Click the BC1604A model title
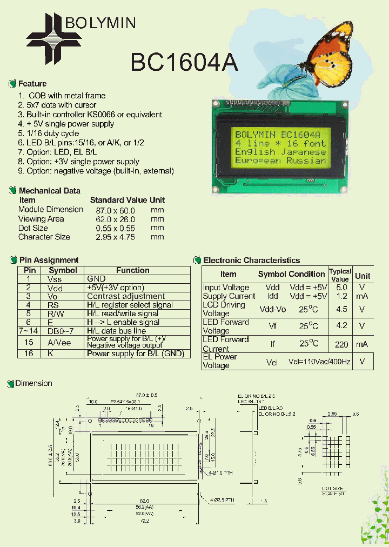point(184,62)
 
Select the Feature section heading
point(32,84)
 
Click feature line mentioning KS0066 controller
point(90,115)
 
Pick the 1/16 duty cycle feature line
point(49,134)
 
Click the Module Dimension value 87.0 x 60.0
point(115,210)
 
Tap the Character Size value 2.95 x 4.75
point(115,237)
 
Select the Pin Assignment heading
point(49,260)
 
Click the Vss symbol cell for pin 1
point(55,279)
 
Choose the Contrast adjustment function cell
point(126,296)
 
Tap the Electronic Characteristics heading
point(251,261)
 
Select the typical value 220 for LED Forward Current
point(341,344)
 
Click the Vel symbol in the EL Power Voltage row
point(272,362)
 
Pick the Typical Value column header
point(340,275)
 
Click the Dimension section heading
point(33,383)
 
